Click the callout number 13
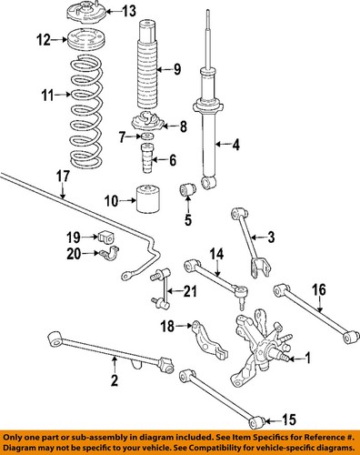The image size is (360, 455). (x=129, y=12)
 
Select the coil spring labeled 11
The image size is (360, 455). (x=86, y=111)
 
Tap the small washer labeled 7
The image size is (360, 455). (x=147, y=136)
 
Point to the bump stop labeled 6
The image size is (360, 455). (x=147, y=157)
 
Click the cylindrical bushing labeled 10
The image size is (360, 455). (x=148, y=198)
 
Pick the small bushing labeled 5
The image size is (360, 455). (x=188, y=189)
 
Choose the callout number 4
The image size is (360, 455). (x=235, y=145)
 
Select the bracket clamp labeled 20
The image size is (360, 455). (x=109, y=253)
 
